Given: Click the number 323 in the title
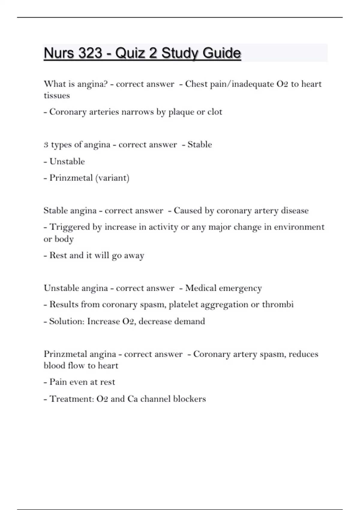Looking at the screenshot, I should pyautogui.click(x=90, y=53).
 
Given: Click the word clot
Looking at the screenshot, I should pyautogui.click(x=215, y=112).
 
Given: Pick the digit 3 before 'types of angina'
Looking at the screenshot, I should pyautogui.click(x=46, y=145).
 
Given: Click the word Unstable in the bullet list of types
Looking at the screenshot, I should pyautogui.click(x=67, y=161).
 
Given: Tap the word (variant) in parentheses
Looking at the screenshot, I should pyautogui.click(x=112, y=178).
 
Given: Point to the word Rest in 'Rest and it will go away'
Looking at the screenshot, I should pyautogui.click(x=58, y=255).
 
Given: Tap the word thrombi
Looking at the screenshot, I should pyautogui.click(x=278, y=304).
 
